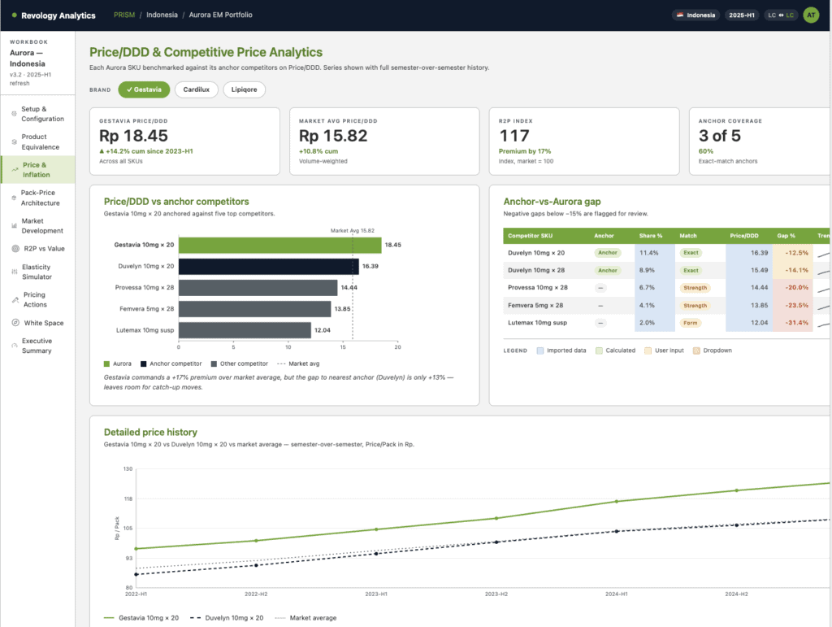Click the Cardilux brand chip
[x=196, y=89]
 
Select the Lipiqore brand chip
[x=244, y=89]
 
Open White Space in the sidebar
[x=44, y=323]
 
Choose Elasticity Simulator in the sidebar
[x=37, y=272]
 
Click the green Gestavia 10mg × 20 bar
[x=279, y=246]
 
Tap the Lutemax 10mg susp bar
[x=245, y=330]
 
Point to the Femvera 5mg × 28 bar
[x=254, y=309]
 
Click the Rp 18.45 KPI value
[x=133, y=136]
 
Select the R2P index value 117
[x=514, y=136]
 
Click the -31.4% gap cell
[x=796, y=323]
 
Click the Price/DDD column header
[x=744, y=236]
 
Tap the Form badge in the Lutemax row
[x=690, y=323]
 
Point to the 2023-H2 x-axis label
[x=496, y=594]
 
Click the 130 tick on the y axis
[x=128, y=468]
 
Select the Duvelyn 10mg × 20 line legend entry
[x=227, y=618]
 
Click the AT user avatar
[x=811, y=15]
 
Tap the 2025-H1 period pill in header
[x=741, y=15]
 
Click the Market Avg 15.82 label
[x=353, y=230]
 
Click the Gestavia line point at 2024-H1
[x=617, y=501]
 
